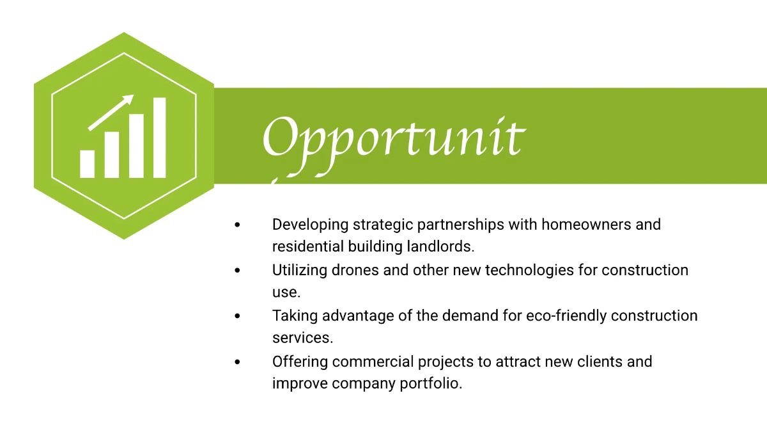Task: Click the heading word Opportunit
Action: pyautogui.click(x=392, y=138)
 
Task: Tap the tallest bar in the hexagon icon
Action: pyautogui.click(x=159, y=138)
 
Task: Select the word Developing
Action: pyautogui.click(x=310, y=225)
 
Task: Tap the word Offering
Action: pyautogui.click(x=300, y=362)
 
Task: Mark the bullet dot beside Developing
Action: pyautogui.click(x=238, y=225)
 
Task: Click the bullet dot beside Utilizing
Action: pyautogui.click(x=238, y=270)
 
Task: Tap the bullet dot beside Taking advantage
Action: pyautogui.click(x=238, y=316)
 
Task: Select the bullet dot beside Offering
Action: pyautogui.click(x=238, y=362)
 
